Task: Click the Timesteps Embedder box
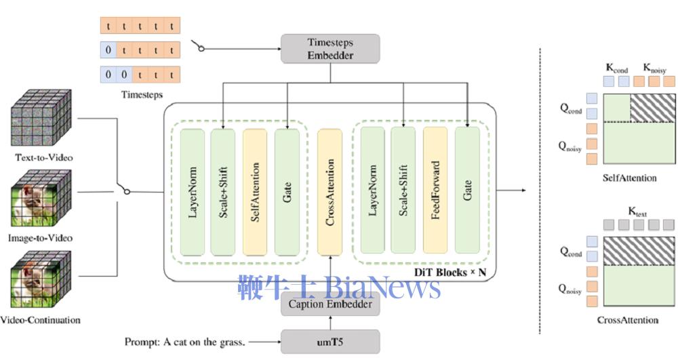tap(330, 49)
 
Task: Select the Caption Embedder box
tap(330, 305)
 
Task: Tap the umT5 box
tap(330, 342)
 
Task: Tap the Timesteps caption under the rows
tap(142, 95)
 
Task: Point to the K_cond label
tap(616, 68)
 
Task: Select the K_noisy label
tap(654, 68)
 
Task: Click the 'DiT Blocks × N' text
tap(450, 272)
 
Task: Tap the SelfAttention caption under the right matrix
tap(629, 178)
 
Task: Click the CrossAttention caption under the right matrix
tap(628, 320)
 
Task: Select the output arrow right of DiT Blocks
tap(515, 191)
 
